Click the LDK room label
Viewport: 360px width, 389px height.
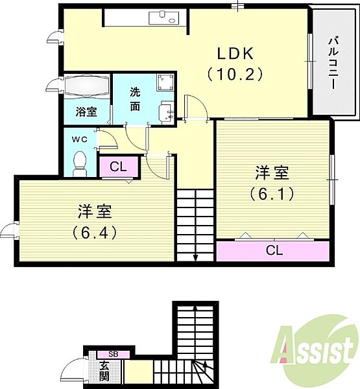(235, 53)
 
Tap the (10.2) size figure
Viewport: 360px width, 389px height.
(235, 74)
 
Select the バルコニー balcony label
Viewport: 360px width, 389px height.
(333, 63)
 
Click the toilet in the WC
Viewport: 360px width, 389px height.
(80, 164)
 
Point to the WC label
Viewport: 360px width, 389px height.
(80, 139)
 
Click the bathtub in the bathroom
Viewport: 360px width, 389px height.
(87, 86)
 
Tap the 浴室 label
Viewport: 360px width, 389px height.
(86, 112)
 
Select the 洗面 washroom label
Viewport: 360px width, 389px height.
(135, 99)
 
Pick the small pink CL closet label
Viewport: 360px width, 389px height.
(118, 167)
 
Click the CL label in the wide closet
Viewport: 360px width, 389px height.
(274, 250)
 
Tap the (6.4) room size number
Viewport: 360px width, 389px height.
(95, 233)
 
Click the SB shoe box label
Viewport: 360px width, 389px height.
(114, 354)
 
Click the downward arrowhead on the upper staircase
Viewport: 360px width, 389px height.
(195, 258)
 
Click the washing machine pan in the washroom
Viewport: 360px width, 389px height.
(165, 82)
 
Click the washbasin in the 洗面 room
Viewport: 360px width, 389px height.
(166, 113)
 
